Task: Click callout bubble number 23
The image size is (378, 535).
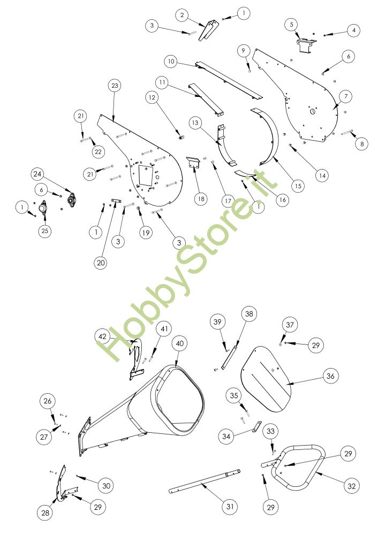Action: point(115,86)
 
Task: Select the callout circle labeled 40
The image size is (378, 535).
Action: point(179,343)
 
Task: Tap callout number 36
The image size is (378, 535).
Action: point(330,376)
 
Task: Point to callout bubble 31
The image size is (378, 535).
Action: point(230,506)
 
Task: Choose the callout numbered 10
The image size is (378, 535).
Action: point(171,62)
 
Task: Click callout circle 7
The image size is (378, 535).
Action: point(346,96)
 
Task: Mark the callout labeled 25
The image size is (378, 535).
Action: point(45,231)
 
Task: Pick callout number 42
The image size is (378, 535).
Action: point(102,337)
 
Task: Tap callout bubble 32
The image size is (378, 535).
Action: point(351,486)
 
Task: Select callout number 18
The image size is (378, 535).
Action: point(201,199)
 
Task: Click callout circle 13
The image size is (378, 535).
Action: point(195,123)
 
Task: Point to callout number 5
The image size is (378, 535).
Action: point(292,25)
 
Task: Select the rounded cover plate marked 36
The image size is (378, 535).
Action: point(267,379)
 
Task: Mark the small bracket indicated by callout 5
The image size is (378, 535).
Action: point(306,45)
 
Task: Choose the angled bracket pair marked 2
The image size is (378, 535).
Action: point(209,30)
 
